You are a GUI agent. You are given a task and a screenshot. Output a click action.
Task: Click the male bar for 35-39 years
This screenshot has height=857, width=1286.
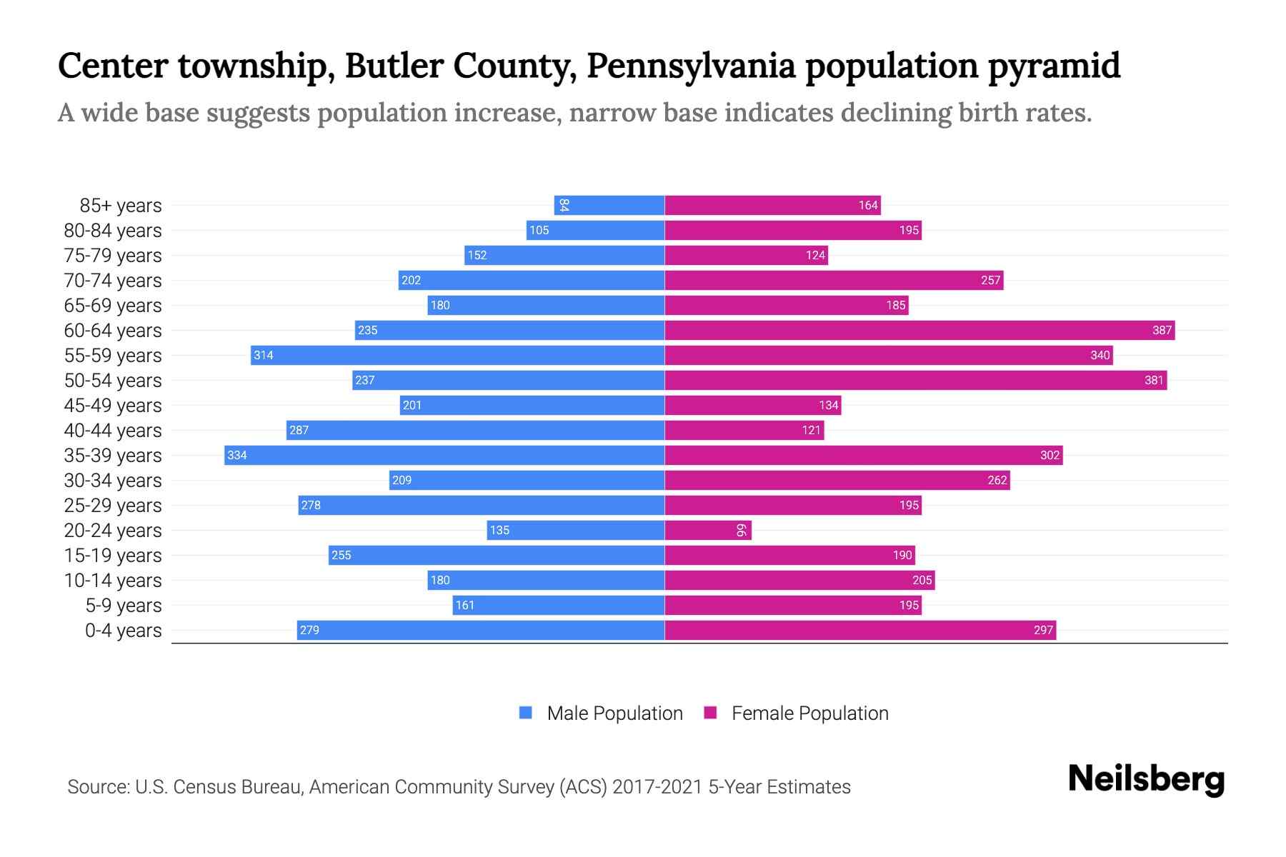444,455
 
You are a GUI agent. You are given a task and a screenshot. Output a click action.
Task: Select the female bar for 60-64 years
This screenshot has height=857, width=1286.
919,330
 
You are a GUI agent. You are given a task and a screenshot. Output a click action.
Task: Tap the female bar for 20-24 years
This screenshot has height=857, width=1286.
707,530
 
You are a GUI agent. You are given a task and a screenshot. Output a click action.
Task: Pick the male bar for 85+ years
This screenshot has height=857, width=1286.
609,205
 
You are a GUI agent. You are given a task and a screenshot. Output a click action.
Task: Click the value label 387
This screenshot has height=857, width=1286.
1162,330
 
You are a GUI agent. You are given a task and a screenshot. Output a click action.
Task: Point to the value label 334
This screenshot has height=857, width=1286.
237,455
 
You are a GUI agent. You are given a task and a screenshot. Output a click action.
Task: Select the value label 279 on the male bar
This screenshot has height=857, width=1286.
309,630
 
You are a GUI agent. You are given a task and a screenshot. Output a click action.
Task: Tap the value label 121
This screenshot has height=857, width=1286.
811,430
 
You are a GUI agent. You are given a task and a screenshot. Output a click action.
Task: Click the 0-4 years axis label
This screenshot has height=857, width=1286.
123,631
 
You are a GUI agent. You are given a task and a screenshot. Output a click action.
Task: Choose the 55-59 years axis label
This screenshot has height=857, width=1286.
113,356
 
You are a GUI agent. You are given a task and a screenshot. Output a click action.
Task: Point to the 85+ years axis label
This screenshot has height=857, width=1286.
121,206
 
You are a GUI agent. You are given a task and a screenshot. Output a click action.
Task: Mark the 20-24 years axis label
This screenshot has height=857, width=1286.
113,531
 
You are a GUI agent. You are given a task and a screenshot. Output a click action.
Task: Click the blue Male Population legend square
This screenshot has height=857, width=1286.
526,713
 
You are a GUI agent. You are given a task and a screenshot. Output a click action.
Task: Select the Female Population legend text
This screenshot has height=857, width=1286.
809,713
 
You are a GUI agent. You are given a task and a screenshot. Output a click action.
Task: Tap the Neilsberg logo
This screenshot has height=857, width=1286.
1146,779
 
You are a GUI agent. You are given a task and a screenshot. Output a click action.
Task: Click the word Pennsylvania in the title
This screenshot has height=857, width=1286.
690,66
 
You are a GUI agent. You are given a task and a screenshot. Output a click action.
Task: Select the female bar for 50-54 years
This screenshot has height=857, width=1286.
915,380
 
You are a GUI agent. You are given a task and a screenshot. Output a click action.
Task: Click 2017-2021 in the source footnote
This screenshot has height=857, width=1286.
657,787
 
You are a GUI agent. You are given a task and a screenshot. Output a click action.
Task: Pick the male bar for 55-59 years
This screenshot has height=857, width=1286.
457,355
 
